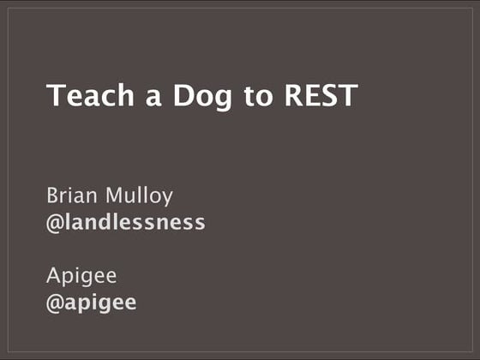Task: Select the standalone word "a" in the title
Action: pyautogui.click(x=129, y=98)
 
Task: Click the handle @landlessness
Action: pyautogui.click(x=126, y=223)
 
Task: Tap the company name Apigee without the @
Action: pyautogui.click(x=81, y=278)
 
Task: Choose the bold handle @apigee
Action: pyautogui.click(x=92, y=303)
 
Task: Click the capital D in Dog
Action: pyautogui.click(x=158, y=95)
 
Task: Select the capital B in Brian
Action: pyautogui.click(x=52, y=195)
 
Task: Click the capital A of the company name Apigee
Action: pyautogui.click(x=54, y=276)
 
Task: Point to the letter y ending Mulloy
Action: pyautogui.click(x=167, y=199)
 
